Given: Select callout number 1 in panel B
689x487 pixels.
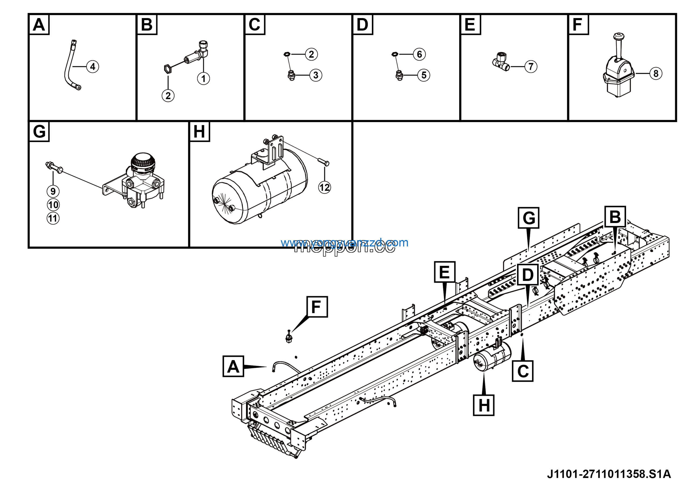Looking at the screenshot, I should [203, 79].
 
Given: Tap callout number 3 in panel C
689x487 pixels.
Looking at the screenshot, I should [315, 75].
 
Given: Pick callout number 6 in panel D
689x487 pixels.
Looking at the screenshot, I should [419, 54].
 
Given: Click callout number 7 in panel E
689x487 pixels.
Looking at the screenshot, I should [530, 67].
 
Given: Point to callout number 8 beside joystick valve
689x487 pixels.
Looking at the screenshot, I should [656, 74].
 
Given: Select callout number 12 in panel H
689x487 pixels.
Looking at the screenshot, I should [324, 187].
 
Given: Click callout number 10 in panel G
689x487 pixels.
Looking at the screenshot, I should [53, 205].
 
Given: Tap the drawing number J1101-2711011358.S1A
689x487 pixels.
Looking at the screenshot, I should [609, 474].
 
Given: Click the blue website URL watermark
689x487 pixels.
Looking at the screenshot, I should [344, 242].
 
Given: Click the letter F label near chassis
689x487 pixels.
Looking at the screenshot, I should [317, 307].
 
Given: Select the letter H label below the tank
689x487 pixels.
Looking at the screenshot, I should [483, 405].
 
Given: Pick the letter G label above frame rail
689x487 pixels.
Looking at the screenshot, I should [528, 218].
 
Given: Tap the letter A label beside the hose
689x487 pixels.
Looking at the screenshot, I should [233, 366].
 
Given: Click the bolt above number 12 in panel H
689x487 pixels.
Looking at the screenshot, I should [324, 162].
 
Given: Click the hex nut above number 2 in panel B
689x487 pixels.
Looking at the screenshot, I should [168, 69].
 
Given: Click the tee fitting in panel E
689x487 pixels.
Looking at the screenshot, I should [501, 62].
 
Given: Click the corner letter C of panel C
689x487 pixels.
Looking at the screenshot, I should [255, 24].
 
